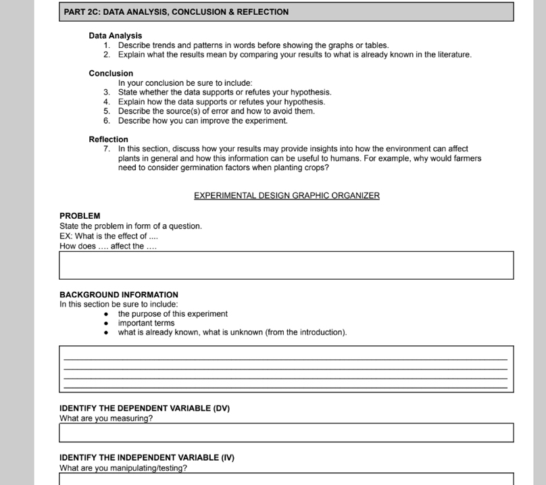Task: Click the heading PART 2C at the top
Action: point(176,12)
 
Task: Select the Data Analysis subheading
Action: point(115,36)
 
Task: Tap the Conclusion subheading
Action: point(111,74)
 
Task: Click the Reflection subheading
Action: point(108,139)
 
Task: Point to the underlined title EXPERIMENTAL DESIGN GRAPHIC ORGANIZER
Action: point(287,196)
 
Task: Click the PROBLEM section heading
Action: point(80,216)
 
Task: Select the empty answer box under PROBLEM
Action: point(286,265)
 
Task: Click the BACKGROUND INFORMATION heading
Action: point(119,295)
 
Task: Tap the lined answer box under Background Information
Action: point(286,369)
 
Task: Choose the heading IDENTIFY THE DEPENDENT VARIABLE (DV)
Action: point(145,409)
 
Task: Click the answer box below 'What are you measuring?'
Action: point(286,433)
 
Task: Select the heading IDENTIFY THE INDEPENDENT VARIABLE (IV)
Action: point(147,458)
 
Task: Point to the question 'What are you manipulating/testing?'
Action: point(123,468)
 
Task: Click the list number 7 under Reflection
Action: point(107,149)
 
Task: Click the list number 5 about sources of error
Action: point(107,111)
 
